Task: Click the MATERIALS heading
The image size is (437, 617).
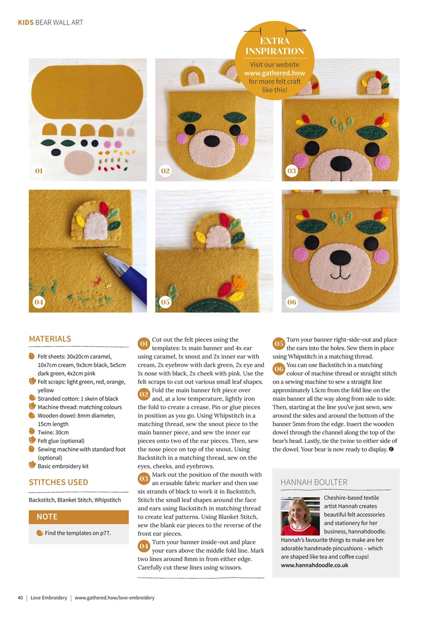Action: pos(50,339)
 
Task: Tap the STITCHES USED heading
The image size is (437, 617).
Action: pos(58,482)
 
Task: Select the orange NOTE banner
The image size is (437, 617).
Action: pos(79,517)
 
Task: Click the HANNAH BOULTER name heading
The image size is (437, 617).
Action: pos(314,482)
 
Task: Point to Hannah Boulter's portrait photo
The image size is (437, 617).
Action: pos(300,516)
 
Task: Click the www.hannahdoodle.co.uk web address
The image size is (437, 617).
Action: pos(314,565)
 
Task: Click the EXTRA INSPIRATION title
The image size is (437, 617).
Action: pos(274,46)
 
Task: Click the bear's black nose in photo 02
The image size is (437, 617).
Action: pos(212,141)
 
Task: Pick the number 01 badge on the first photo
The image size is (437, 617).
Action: pos(39,171)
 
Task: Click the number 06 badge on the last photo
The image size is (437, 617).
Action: pos(291,302)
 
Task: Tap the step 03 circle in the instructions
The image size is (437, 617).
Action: pos(143,479)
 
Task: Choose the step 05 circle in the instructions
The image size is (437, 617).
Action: pos(278,344)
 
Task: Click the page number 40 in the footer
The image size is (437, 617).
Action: pos(20,598)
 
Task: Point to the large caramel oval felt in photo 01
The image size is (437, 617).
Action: pos(87,92)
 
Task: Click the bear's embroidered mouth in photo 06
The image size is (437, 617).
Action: pos(341,278)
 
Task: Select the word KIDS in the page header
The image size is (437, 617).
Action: pos(26,22)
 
